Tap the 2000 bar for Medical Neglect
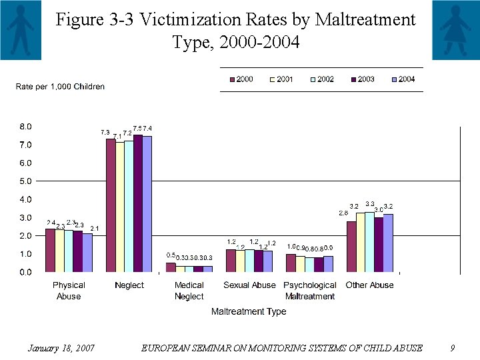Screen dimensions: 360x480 point(171,267)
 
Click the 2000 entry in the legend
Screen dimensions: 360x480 point(241,79)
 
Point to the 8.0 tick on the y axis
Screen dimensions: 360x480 point(24,127)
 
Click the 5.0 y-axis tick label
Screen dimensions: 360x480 point(24,181)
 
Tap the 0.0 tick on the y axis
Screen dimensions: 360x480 point(24,272)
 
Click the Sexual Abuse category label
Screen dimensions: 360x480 point(249,285)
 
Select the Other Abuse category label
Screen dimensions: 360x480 point(369,285)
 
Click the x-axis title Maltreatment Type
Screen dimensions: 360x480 point(249,311)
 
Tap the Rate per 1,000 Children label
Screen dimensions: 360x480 point(60,87)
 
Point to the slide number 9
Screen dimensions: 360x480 point(452,348)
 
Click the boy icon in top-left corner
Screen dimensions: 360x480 point(21,30)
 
